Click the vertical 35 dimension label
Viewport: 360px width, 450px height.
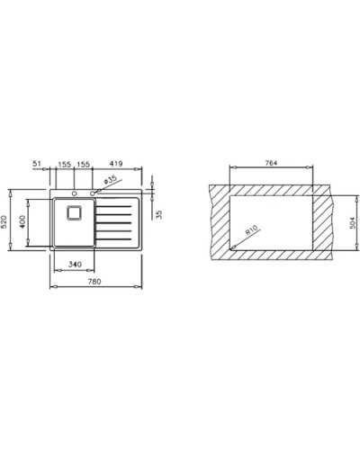point(160,214)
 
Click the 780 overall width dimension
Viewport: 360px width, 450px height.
point(94,282)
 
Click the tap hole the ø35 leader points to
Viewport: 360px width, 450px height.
point(94,192)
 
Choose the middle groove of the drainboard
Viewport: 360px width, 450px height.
point(117,222)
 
